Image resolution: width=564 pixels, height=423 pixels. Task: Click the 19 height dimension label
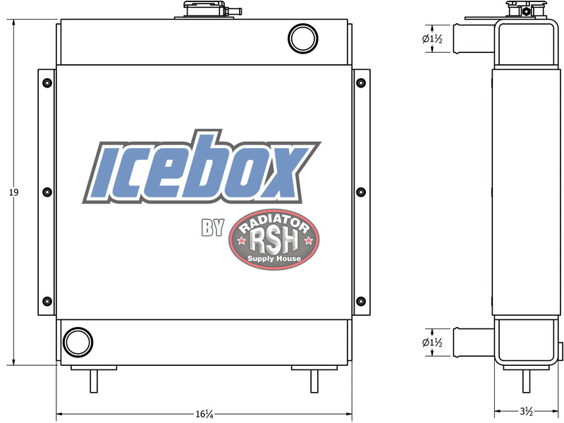click(x=14, y=192)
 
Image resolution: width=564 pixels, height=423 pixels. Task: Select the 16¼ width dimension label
click(x=205, y=413)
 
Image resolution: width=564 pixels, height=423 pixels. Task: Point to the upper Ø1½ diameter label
click(x=431, y=39)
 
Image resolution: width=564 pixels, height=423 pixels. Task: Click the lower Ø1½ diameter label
click(x=431, y=343)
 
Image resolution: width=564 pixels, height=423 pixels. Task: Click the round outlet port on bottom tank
click(x=77, y=342)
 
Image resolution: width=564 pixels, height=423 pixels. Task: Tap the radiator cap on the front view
click(x=205, y=10)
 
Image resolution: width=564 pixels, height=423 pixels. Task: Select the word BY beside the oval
click(x=212, y=228)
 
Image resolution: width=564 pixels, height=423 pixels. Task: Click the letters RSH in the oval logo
click(x=275, y=243)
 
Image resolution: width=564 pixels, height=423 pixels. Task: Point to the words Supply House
click(x=275, y=259)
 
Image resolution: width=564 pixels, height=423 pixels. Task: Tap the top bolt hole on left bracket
click(x=47, y=83)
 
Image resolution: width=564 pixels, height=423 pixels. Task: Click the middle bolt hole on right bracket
click(x=361, y=192)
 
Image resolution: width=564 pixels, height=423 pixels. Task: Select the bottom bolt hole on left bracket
click(x=47, y=301)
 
